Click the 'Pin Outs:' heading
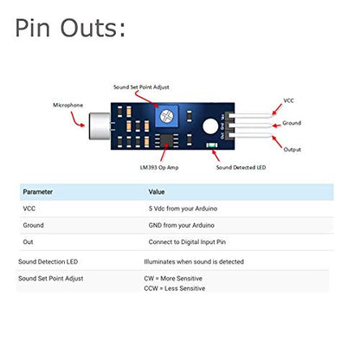(70, 28)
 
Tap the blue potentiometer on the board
(167, 116)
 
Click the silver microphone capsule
(100, 126)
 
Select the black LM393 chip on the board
(166, 140)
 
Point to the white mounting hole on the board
(210, 126)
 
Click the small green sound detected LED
(212, 145)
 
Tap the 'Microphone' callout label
(68, 105)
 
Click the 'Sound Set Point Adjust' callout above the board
(141, 87)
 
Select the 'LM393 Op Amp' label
(159, 167)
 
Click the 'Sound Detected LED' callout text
(241, 167)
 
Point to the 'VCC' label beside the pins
(288, 100)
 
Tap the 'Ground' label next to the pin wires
(292, 123)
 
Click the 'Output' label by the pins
(292, 150)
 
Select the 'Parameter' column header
(38, 192)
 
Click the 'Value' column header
(157, 192)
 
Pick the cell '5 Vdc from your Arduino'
(183, 209)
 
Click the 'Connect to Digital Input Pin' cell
(187, 242)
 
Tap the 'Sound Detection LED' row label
(48, 261)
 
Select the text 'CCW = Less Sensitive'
(175, 288)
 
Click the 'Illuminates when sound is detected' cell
(194, 261)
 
